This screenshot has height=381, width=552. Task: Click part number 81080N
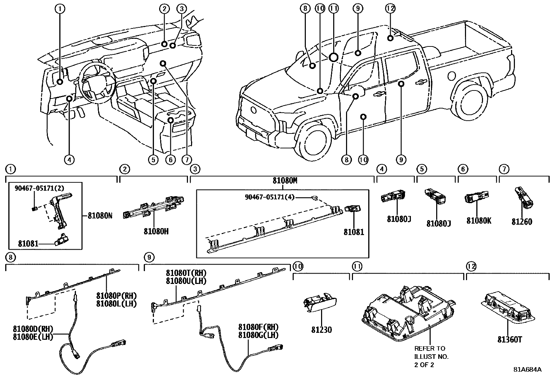(100, 215)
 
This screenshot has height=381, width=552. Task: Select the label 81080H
(156, 231)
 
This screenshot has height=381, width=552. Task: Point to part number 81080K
(478, 221)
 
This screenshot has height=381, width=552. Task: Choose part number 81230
(321, 330)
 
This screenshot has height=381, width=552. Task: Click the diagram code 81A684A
(527, 369)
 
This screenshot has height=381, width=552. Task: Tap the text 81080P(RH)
(117, 296)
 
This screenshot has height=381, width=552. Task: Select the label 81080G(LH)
(258, 335)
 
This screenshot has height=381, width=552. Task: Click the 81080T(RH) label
(186, 273)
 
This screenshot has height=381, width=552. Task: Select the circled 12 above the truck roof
(390, 8)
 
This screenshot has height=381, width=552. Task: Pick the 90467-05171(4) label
(269, 197)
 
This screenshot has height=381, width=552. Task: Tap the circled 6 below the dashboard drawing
(170, 159)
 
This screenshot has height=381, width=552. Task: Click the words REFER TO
(430, 348)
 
